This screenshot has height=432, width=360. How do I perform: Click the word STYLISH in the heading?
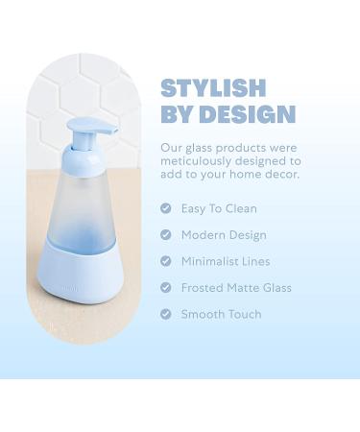point(213,88)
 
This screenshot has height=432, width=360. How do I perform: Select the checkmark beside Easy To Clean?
point(165,208)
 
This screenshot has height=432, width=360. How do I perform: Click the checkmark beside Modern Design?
point(165,235)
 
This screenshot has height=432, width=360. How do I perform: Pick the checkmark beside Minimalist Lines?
point(165,261)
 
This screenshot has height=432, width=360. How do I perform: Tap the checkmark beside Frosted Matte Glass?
point(165,288)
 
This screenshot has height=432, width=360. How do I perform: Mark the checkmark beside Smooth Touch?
point(165,314)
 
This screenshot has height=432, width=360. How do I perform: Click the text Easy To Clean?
point(219,208)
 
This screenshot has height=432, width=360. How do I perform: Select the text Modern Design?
point(224,235)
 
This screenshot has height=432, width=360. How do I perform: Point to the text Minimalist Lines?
point(226,261)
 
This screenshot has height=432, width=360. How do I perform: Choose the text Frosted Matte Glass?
point(236,288)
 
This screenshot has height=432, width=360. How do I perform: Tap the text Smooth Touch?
point(221,314)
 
